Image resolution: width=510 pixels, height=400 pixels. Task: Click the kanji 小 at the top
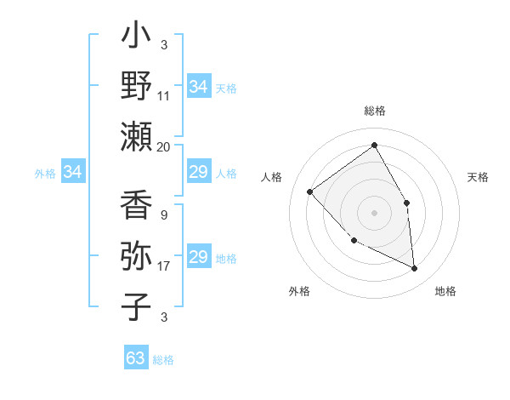click(x=137, y=39)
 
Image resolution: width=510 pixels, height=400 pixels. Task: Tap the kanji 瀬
click(x=137, y=135)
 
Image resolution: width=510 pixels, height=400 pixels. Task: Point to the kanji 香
click(x=137, y=206)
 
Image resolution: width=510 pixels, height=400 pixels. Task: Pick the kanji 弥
click(x=137, y=256)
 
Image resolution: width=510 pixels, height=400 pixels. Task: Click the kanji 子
click(x=137, y=306)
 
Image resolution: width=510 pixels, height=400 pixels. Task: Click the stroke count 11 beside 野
click(x=164, y=96)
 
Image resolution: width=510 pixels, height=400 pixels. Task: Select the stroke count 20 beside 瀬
click(x=164, y=146)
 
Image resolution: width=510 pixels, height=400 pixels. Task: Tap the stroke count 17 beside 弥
click(x=164, y=266)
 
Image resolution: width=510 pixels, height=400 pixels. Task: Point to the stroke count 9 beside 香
click(x=164, y=215)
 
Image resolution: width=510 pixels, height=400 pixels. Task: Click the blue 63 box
click(x=136, y=358)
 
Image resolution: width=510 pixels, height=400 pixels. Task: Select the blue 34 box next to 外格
click(x=73, y=173)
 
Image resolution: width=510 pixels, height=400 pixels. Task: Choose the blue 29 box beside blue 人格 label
click(x=199, y=173)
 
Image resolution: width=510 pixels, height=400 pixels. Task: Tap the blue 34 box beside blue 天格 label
click(x=199, y=86)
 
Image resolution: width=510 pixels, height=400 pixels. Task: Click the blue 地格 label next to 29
click(x=227, y=259)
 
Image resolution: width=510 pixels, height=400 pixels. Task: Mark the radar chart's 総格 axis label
click(x=375, y=111)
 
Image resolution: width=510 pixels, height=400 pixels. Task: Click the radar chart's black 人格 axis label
click(x=273, y=177)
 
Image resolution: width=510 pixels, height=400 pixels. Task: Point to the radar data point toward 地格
click(x=414, y=269)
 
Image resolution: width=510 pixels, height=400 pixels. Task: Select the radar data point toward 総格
click(x=374, y=146)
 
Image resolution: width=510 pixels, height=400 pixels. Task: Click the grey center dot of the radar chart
click(x=374, y=212)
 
